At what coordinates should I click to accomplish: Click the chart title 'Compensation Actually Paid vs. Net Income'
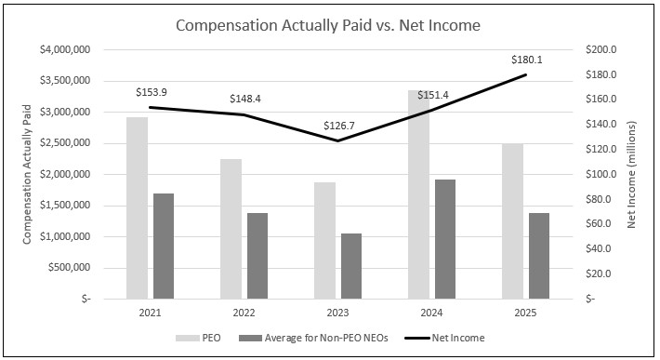328,25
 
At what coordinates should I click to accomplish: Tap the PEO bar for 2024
418,194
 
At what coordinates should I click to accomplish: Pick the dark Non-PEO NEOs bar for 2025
539,256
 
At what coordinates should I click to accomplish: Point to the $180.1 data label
526,60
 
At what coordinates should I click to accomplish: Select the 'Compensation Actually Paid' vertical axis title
28,174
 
